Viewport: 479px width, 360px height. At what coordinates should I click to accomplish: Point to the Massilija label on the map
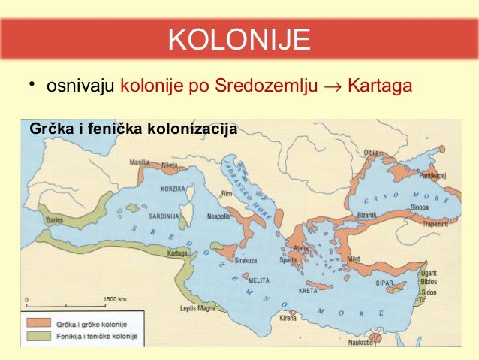pos(140,162)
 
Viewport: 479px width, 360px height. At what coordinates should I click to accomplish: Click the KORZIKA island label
pos(173,187)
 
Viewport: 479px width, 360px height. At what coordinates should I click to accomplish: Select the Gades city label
pos(55,221)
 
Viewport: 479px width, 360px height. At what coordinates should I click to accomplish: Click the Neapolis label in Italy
pos(218,215)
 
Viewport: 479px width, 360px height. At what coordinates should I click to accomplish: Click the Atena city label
pos(300,248)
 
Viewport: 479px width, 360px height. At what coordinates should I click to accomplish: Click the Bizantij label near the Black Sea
pos(367,215)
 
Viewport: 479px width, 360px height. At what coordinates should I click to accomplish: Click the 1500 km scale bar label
pos(116,298)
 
